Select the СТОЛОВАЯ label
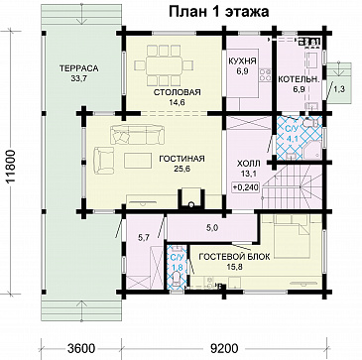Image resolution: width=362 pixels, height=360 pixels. pos(178,91)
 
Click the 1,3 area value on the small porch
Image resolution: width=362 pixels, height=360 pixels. pos(339,90)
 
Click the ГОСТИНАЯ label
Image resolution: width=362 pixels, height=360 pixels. pos(181,158)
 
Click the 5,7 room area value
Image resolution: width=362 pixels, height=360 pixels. pos(143,237)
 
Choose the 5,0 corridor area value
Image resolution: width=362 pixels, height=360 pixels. pos(211,228)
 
